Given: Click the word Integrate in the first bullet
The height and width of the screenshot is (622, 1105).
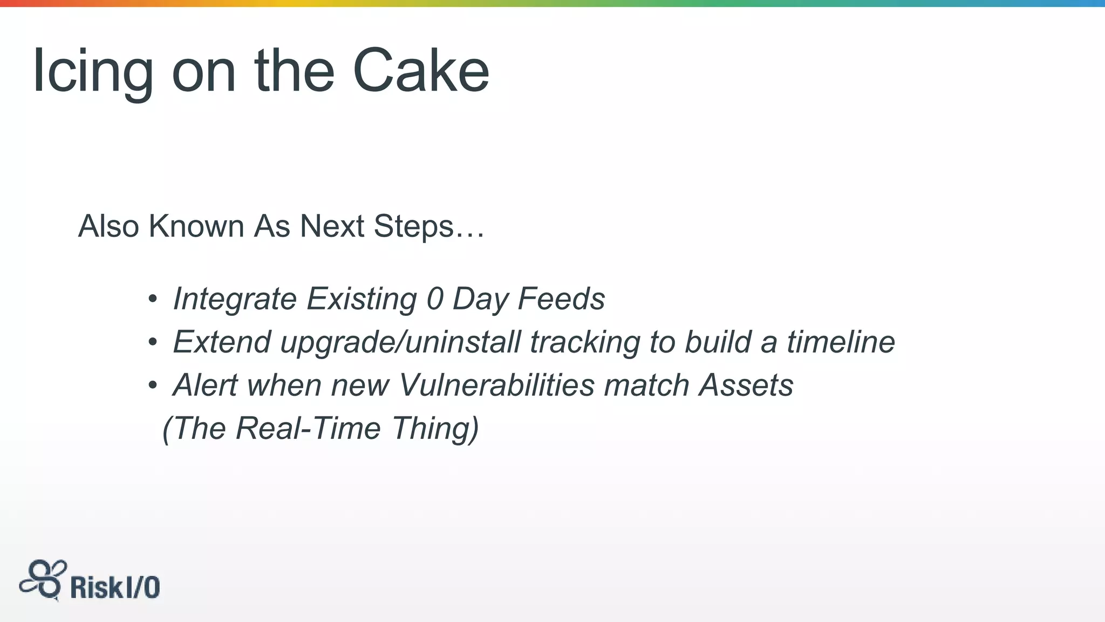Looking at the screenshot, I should click(235, 299).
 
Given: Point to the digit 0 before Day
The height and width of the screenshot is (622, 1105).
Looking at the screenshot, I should click(435, 299).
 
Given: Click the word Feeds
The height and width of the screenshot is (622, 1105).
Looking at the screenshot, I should click(561, 299).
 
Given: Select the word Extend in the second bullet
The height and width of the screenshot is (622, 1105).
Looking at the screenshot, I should click(222, 342).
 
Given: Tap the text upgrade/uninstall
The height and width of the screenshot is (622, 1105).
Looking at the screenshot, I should click(400, 342).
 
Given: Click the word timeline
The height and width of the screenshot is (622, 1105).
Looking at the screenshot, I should click(841, 342).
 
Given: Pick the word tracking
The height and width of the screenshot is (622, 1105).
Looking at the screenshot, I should click(585, 342).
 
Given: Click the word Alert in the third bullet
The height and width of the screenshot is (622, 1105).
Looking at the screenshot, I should click(205, 385).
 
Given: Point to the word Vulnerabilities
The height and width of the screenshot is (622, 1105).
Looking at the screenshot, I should click(496, 385).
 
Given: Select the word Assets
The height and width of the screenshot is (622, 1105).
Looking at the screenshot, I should click(746, 385).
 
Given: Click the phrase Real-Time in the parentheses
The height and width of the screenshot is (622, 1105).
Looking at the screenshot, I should click(308, 428).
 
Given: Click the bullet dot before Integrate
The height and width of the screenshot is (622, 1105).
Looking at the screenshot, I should click(153, 299).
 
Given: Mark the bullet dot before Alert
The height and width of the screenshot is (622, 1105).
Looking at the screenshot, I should click(153, 385).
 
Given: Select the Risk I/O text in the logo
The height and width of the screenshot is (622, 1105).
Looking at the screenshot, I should click(115, 587).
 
